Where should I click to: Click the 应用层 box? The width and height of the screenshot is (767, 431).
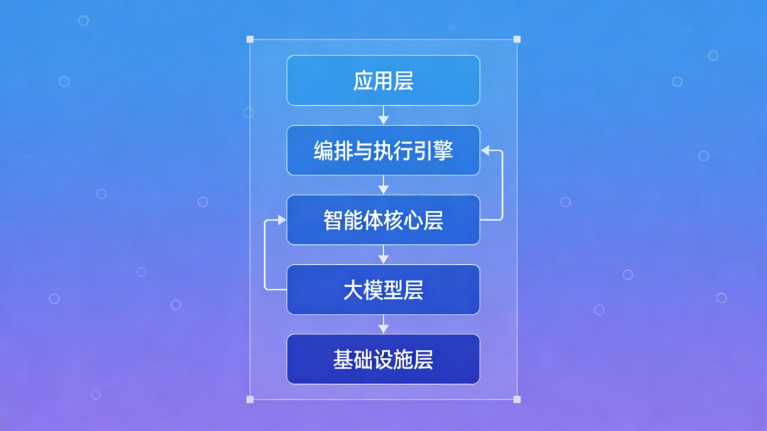point(383,80)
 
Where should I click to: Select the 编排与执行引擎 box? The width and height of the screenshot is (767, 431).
point(383,150)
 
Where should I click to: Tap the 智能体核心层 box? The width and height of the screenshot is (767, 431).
point(383,219)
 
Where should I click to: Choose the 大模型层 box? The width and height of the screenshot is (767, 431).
point(383,289)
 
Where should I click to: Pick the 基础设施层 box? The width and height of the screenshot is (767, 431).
point(383,359)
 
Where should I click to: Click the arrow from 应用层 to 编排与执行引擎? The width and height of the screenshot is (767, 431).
point(383,115)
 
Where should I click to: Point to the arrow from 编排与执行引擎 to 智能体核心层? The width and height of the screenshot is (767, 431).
point(383,185)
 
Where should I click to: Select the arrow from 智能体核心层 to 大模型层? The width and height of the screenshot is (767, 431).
point(383,254)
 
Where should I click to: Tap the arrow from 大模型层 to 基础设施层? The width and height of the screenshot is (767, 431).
point(383,324)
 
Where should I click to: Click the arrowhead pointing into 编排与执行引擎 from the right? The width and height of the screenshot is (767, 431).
point(486,150)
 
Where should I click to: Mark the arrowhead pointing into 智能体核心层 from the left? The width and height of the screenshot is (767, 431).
point(281,220)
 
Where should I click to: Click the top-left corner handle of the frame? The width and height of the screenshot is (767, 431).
point(250,40)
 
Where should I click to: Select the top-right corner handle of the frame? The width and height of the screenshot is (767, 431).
point(516,40)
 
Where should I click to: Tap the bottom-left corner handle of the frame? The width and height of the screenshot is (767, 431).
point(250,399)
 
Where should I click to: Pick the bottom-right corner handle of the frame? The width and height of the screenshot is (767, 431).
point(516,399)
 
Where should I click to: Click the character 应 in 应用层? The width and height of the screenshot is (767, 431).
point(363,81)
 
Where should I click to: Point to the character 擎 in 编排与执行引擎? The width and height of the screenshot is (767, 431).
point(443,151)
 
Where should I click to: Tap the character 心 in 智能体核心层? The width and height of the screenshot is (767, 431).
point(413,220)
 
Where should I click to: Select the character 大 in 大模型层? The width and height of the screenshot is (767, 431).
point(353,290)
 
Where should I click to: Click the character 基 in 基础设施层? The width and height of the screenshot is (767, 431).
point(343,359)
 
